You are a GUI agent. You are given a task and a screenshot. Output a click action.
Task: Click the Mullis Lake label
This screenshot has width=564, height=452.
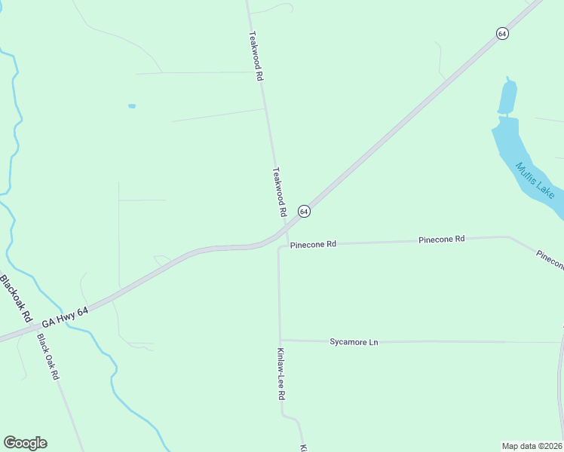click(535, 180)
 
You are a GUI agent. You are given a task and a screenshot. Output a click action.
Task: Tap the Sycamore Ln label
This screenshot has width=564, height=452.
click(354, 342)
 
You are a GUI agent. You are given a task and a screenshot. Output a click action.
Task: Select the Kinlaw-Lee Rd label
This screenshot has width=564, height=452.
click(281, 373)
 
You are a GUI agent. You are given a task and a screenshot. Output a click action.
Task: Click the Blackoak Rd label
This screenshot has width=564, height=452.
click(15, 298)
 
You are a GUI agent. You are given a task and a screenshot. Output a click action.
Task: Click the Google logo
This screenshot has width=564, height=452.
click(25, 443)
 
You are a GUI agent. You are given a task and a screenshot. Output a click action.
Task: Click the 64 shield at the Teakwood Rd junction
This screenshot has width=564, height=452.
click(303, 212)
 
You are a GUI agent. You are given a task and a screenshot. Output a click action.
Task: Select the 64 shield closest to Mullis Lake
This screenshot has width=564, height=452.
click(502, 33)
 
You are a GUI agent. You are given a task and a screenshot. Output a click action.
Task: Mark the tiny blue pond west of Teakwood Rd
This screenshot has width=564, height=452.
click(132, 106)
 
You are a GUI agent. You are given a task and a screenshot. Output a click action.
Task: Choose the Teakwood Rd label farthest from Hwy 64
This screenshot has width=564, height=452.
click(256, 56)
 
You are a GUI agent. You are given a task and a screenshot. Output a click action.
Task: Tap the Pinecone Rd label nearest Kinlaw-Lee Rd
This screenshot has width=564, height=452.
click(313, 245)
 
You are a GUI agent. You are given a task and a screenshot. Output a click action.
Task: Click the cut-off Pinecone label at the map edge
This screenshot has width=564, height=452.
click(551, 261)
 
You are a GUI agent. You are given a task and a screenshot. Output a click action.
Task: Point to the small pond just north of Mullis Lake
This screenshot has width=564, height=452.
click(507, 96)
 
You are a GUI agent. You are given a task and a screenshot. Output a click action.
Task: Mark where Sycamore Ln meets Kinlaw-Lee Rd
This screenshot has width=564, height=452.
click(280, 340)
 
